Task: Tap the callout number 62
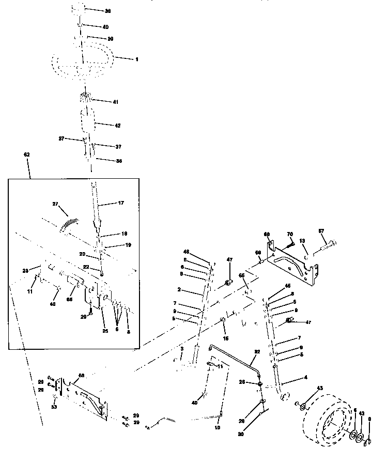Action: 27,154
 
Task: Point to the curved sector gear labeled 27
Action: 70,224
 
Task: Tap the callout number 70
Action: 289,234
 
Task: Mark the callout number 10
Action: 217,428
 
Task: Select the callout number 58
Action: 81,376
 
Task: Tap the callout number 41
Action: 115,102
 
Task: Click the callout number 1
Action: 136,59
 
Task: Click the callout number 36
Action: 119,161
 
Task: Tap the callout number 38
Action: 107,10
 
